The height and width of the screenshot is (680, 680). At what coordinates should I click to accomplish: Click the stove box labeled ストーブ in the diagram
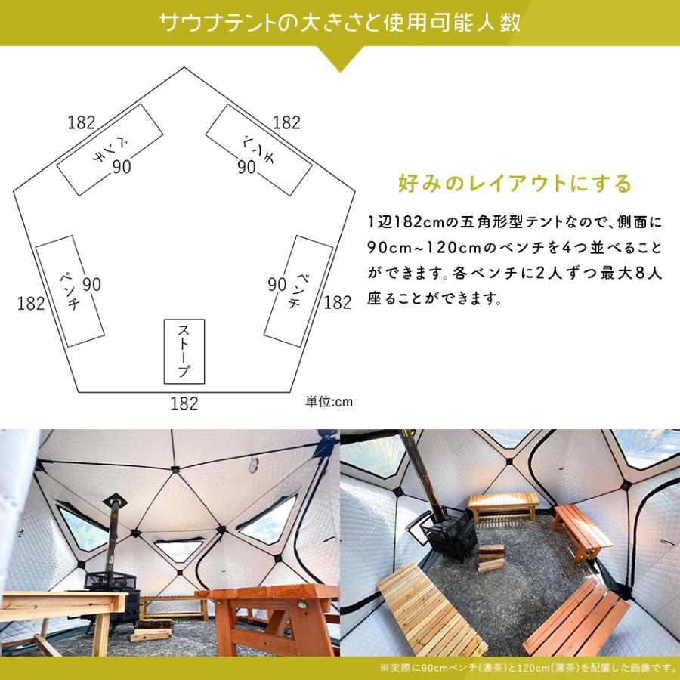coord(184,351)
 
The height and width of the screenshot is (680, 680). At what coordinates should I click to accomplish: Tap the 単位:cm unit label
coord(329,401)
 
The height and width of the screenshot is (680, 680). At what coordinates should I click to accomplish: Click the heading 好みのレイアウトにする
coord(515,184)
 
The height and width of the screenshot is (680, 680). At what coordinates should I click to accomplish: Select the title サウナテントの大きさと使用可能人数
coord(340,22)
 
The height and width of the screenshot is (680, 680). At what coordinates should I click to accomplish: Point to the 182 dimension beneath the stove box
coord(184,403)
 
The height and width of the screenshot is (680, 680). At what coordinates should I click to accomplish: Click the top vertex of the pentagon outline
coord(184,68)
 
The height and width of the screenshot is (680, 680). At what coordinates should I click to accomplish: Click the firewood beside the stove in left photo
coord(151,629)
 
